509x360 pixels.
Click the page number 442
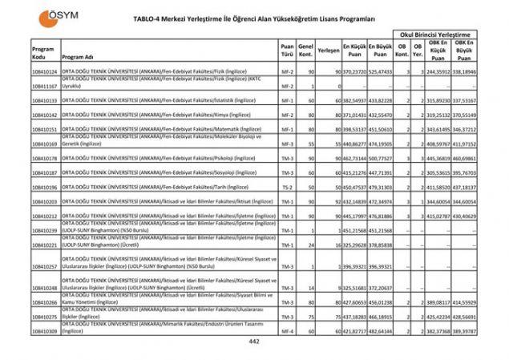[254, 341]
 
